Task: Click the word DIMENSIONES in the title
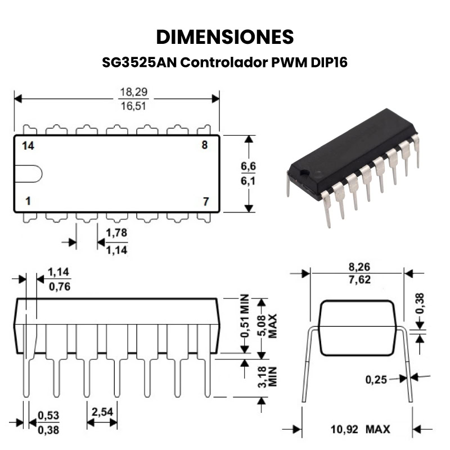click(225, 37)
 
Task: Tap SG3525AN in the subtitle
click(139, 62)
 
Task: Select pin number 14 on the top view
click(28, 146)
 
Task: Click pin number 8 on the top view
click(204, 145)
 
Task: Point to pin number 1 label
click(28, 201)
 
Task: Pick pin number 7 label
click(205, 201)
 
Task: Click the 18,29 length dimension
click(134, 92)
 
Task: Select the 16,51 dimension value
click(134, 106)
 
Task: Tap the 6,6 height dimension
click(248, 166)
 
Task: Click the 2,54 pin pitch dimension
click(102, 412)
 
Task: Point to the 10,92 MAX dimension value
click(361, 429)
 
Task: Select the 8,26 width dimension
click(359, 267)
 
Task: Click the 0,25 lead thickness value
click(376, 380)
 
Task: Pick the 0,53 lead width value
click(48, 415)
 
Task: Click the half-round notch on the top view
click(29, 174)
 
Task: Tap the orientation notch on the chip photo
click(303, 173)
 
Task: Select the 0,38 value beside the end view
click(419, 303)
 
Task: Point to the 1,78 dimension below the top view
click(116, 232)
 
